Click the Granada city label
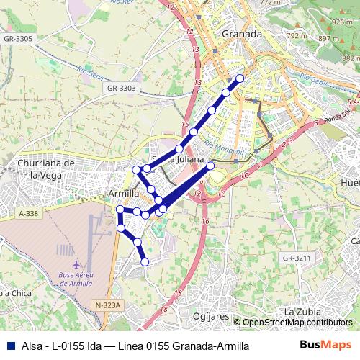[x=241, y=34]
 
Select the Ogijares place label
[x=211, y=316]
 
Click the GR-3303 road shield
[x=120, y=88]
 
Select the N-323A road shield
[x=109, y=306]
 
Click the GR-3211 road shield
[x=297, y=258]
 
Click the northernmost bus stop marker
[x=240, y=78]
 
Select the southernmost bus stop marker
[x=145, y=262]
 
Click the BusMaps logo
[x=326, y=346]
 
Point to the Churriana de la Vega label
[x=45, y=169]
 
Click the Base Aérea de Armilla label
[x=77, y=280]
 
